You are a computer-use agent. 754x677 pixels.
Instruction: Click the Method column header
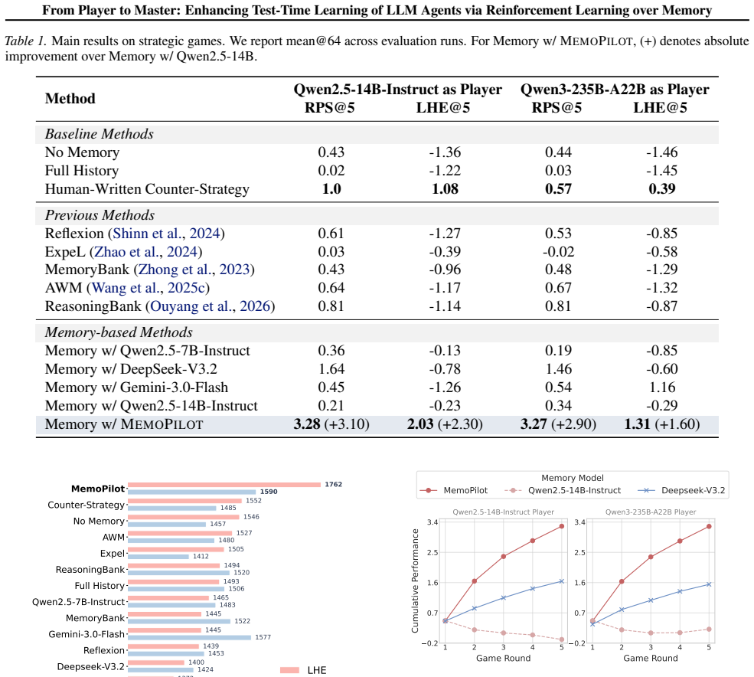pyautogui.click(x=70, y=99)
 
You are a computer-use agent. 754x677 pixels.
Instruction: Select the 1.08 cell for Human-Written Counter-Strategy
pyautogui.click(x=445, y=188)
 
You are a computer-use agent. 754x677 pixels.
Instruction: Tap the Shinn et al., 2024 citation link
pyautogui.click(x=166, y=234)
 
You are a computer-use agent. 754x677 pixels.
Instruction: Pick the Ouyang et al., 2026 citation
pyautogui.click(x=211, y=306)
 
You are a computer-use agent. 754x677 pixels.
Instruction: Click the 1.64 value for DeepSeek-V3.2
pyautogui.click(x=331, y=369)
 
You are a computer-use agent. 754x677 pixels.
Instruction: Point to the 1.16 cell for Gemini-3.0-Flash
pyautogui.click(x=661, y=388)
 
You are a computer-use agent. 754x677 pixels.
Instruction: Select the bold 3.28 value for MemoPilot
pyautogui.click(x=307, y=424)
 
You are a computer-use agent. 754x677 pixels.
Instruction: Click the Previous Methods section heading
pyautogui.click(x=100, y=215)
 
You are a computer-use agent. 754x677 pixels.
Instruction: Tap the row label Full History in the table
pyautogui.click(x=82, y=171)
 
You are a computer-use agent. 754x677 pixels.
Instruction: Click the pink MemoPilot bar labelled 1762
pyautogui.click(x=224, y=485)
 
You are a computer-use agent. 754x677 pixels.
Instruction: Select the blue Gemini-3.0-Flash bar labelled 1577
pyautogui.click(x=190, y=637)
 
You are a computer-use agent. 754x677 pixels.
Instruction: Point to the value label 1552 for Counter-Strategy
pyautogui.click(x=253, y=500)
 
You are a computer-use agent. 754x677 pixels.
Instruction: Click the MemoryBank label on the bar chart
pyautogui.click(x=95, y=618)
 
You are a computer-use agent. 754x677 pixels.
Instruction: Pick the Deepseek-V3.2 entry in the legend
pyautogui.click(x=693, y=490)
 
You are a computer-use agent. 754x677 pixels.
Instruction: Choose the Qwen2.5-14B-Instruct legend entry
pyautogui.click(x=574, y=490)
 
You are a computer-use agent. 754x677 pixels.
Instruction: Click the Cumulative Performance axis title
pyautogui.click(x=415, y=581)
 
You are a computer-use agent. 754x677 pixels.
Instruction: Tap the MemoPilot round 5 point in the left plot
pyautogui.click(x=562, y=526)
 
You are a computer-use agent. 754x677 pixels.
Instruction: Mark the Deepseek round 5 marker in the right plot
pyautogui.click(x=709, y=584)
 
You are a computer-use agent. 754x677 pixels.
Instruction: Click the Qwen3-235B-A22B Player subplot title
pyautogui.click(x=651, y=512)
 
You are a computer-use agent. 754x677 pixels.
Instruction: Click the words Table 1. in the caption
pyautogui.click(x=26, y=41)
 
